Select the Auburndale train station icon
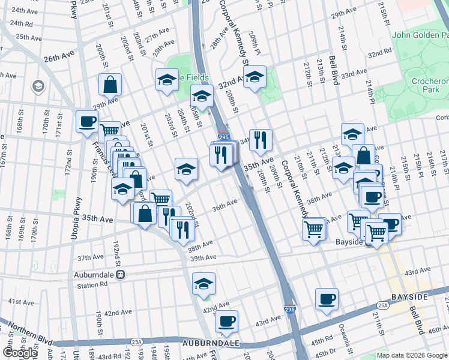click(x=121, y=275)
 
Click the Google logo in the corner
click(x=20, y=353)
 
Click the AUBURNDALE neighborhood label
click(x=210, y=344)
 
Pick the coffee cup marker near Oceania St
click(x=327, y=299)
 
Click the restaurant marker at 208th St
click(x=261, y=140)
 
